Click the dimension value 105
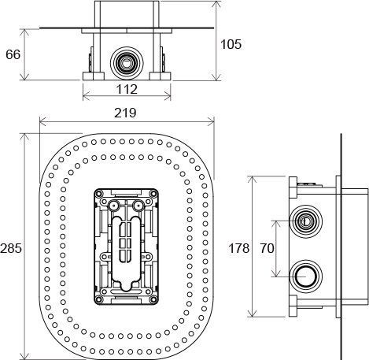click(x=229, y=43)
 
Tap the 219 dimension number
click(x=125, y=112)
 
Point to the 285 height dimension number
click(x=11, y=247)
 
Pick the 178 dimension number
click(x=238, y=247)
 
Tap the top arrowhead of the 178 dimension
click(x=251, y=179)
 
